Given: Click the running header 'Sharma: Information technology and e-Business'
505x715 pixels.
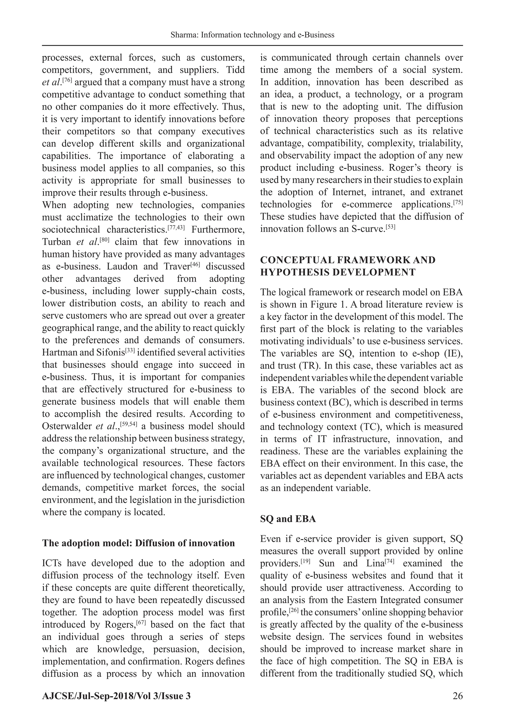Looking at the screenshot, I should tap(252, 35).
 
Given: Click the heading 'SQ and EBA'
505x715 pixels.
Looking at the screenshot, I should tap(288, 519).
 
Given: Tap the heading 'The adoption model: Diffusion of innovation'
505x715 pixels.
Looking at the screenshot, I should tap(138, 543).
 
